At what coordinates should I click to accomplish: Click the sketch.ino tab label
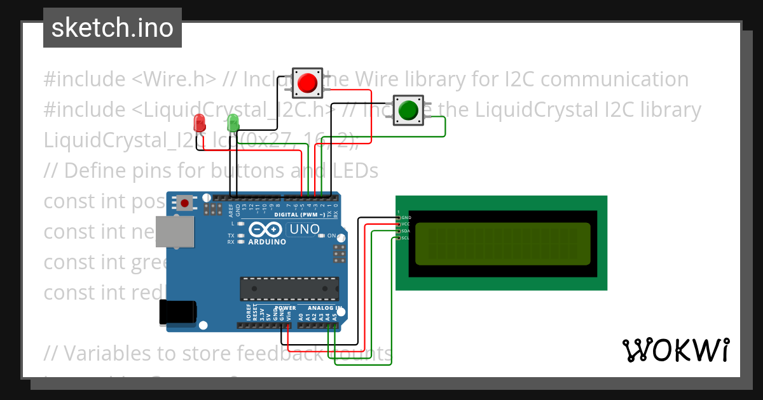112,28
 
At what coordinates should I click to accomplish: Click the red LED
200,123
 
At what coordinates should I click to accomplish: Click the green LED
233,123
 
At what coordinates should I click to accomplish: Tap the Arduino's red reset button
185,203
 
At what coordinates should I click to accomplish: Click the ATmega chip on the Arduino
289,288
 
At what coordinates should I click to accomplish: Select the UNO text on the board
305,229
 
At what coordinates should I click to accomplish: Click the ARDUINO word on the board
267,242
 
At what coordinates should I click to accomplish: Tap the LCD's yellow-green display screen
502,244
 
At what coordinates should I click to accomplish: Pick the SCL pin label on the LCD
406,238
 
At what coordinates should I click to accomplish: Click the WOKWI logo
675,350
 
